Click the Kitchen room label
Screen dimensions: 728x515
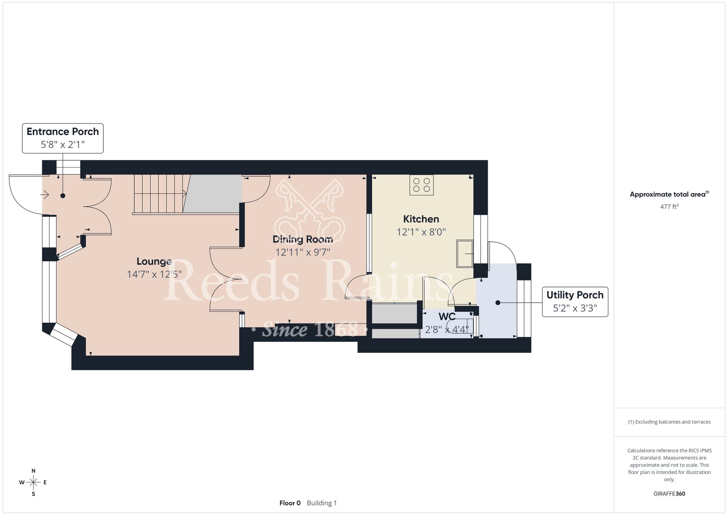tap(421, 219)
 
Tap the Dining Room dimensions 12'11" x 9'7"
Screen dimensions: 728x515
tap(303, 252)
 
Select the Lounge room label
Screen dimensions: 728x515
tap(154, 261)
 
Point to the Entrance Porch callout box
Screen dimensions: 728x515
tap(63, 138)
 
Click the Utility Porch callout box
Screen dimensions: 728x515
tap(575, 302)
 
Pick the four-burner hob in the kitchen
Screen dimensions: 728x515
tap(422, 185)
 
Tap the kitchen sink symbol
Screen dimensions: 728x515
tap(465, 253)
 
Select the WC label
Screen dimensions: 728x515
tap(447, 316)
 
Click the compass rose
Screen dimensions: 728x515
tap(33, 483)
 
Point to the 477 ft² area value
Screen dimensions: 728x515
tap(669, 207)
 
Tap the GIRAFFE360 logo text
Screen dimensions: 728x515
tap(669, 494)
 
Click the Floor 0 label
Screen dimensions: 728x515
tap(290, 503)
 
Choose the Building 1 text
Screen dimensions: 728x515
tap(322, 503)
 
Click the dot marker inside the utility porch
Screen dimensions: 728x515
tap(498, 303)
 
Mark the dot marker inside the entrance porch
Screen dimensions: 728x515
tap(63, 196)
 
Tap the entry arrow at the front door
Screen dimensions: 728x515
tap(44, 195)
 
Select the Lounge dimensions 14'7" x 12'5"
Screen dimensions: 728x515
tap(154, 274)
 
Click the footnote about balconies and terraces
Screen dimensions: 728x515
tap(669, 422)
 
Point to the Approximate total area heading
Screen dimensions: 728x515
tap(669, 194)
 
